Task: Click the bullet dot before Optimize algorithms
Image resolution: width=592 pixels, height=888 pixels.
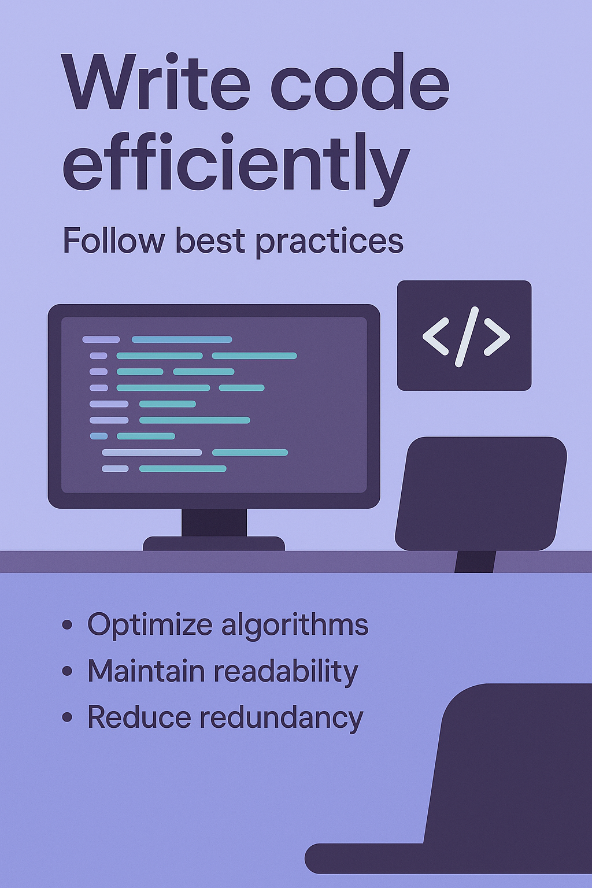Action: click(x=68, y=626)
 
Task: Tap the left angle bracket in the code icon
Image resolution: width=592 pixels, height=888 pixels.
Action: click(x=436, y=336)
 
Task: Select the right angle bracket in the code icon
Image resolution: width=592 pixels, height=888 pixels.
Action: click(x=496, y=336)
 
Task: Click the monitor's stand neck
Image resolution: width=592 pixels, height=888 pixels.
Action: click(x=214, y=522)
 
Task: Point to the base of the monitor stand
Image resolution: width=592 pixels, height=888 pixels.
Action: click(x=214, y=543)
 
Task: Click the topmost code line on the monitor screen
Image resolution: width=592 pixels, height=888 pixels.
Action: click(x=157, y=339)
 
